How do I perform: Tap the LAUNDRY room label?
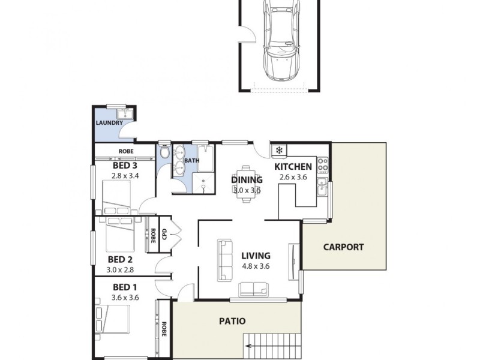tap(109, 123)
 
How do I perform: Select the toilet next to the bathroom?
tap(165, 154)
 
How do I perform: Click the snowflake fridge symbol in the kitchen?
tap(279, 150)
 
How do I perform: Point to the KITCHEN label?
tap(293, 167)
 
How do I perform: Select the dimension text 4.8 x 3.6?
tap(256, 267)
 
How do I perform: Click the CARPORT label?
tap(343, 247)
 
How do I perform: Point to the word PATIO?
tap(231, 321)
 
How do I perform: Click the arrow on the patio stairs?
tap(247, 345)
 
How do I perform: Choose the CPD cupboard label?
tap(163, 233)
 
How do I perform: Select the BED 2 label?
tap(120, 259)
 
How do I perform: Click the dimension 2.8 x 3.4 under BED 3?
tap(125, 176)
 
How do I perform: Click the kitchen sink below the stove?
tap(322, 187)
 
